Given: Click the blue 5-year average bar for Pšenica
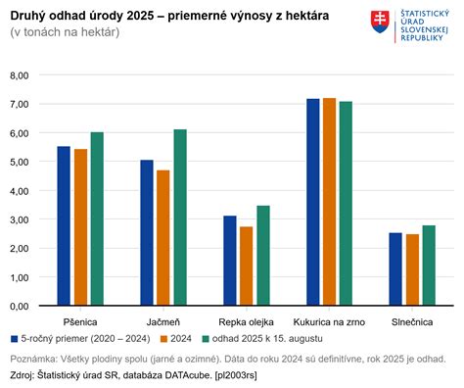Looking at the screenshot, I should point(64,225).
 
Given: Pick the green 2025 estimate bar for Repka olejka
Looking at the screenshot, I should point(263,255).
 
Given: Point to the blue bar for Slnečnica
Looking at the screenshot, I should point(395,268).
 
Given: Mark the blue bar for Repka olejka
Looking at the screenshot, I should point(230,260).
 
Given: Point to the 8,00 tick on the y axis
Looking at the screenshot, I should point(19,75).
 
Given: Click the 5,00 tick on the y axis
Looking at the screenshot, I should point(19,162).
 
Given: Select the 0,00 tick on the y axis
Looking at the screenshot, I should point(19,306).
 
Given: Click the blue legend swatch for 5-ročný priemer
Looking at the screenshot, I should point(15,338).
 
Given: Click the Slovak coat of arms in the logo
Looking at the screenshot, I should point(378,22).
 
